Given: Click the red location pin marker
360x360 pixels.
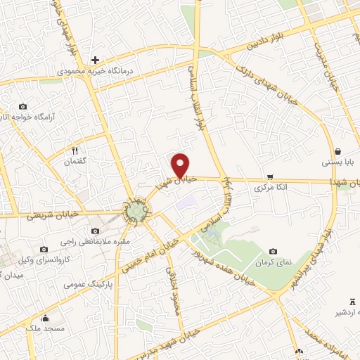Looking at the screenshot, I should click(x=181, y=165).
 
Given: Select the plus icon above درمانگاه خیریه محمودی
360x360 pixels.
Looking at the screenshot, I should click(x=96, y=60).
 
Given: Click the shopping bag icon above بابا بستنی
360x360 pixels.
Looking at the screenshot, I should click(x=337, y=151).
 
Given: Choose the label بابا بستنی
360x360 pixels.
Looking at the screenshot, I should click(x=337, y=162).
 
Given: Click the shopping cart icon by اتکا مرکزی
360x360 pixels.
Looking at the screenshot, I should click(x=271, y=177).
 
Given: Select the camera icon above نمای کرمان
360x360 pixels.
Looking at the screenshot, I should click(x=273, y=251).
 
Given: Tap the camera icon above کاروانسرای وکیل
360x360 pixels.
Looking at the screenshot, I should click(x=44, y=249).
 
